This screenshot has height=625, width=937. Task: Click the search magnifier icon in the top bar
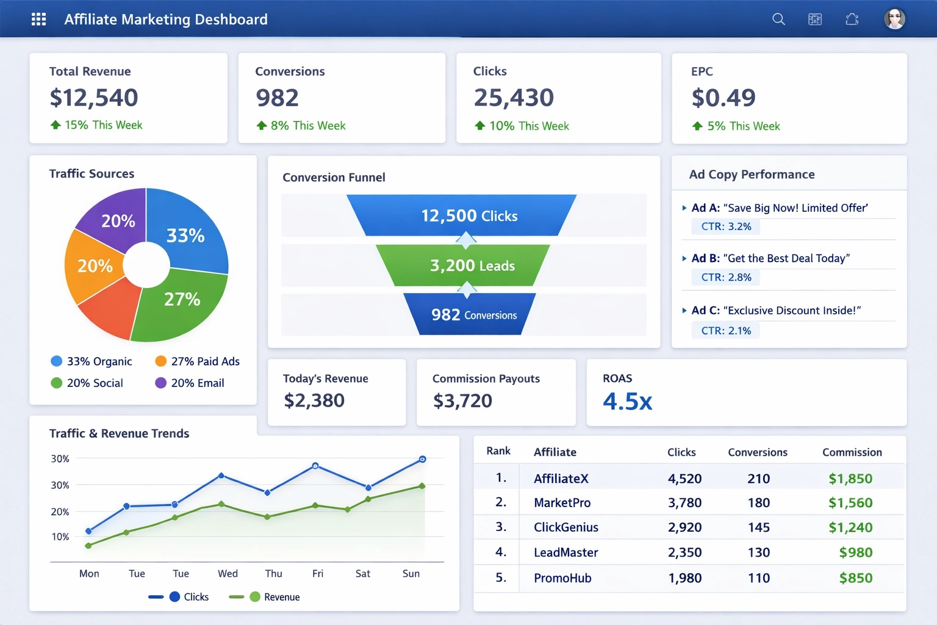tap(778, 19)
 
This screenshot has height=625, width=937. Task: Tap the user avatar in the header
tap(894, 19)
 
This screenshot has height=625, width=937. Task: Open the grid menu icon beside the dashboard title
tap(38, 19)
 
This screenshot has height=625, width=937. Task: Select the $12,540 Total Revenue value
tap(94, 98)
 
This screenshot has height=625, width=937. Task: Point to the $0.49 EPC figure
tap(723, 98)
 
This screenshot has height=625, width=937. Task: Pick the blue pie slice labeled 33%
tap(189, 232)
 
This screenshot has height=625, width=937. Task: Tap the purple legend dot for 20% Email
tap(161, 383)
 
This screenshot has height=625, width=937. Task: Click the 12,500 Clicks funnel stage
tap(462, 215)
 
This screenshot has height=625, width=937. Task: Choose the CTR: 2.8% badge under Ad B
tap(725, 277)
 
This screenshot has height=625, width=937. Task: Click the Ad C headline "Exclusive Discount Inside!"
tap(791, 311)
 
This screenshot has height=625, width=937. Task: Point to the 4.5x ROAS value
tap(627, 402)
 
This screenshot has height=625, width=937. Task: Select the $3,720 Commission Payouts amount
tap(462, 401)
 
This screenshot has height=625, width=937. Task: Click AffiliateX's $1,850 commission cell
tap(850, 479)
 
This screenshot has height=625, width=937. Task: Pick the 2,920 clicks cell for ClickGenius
tap(684, 527)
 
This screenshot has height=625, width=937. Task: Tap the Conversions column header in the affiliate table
tap(757, 452)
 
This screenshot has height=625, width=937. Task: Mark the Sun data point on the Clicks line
tap(422, 459)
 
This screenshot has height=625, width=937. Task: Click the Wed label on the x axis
tap(228, 574)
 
